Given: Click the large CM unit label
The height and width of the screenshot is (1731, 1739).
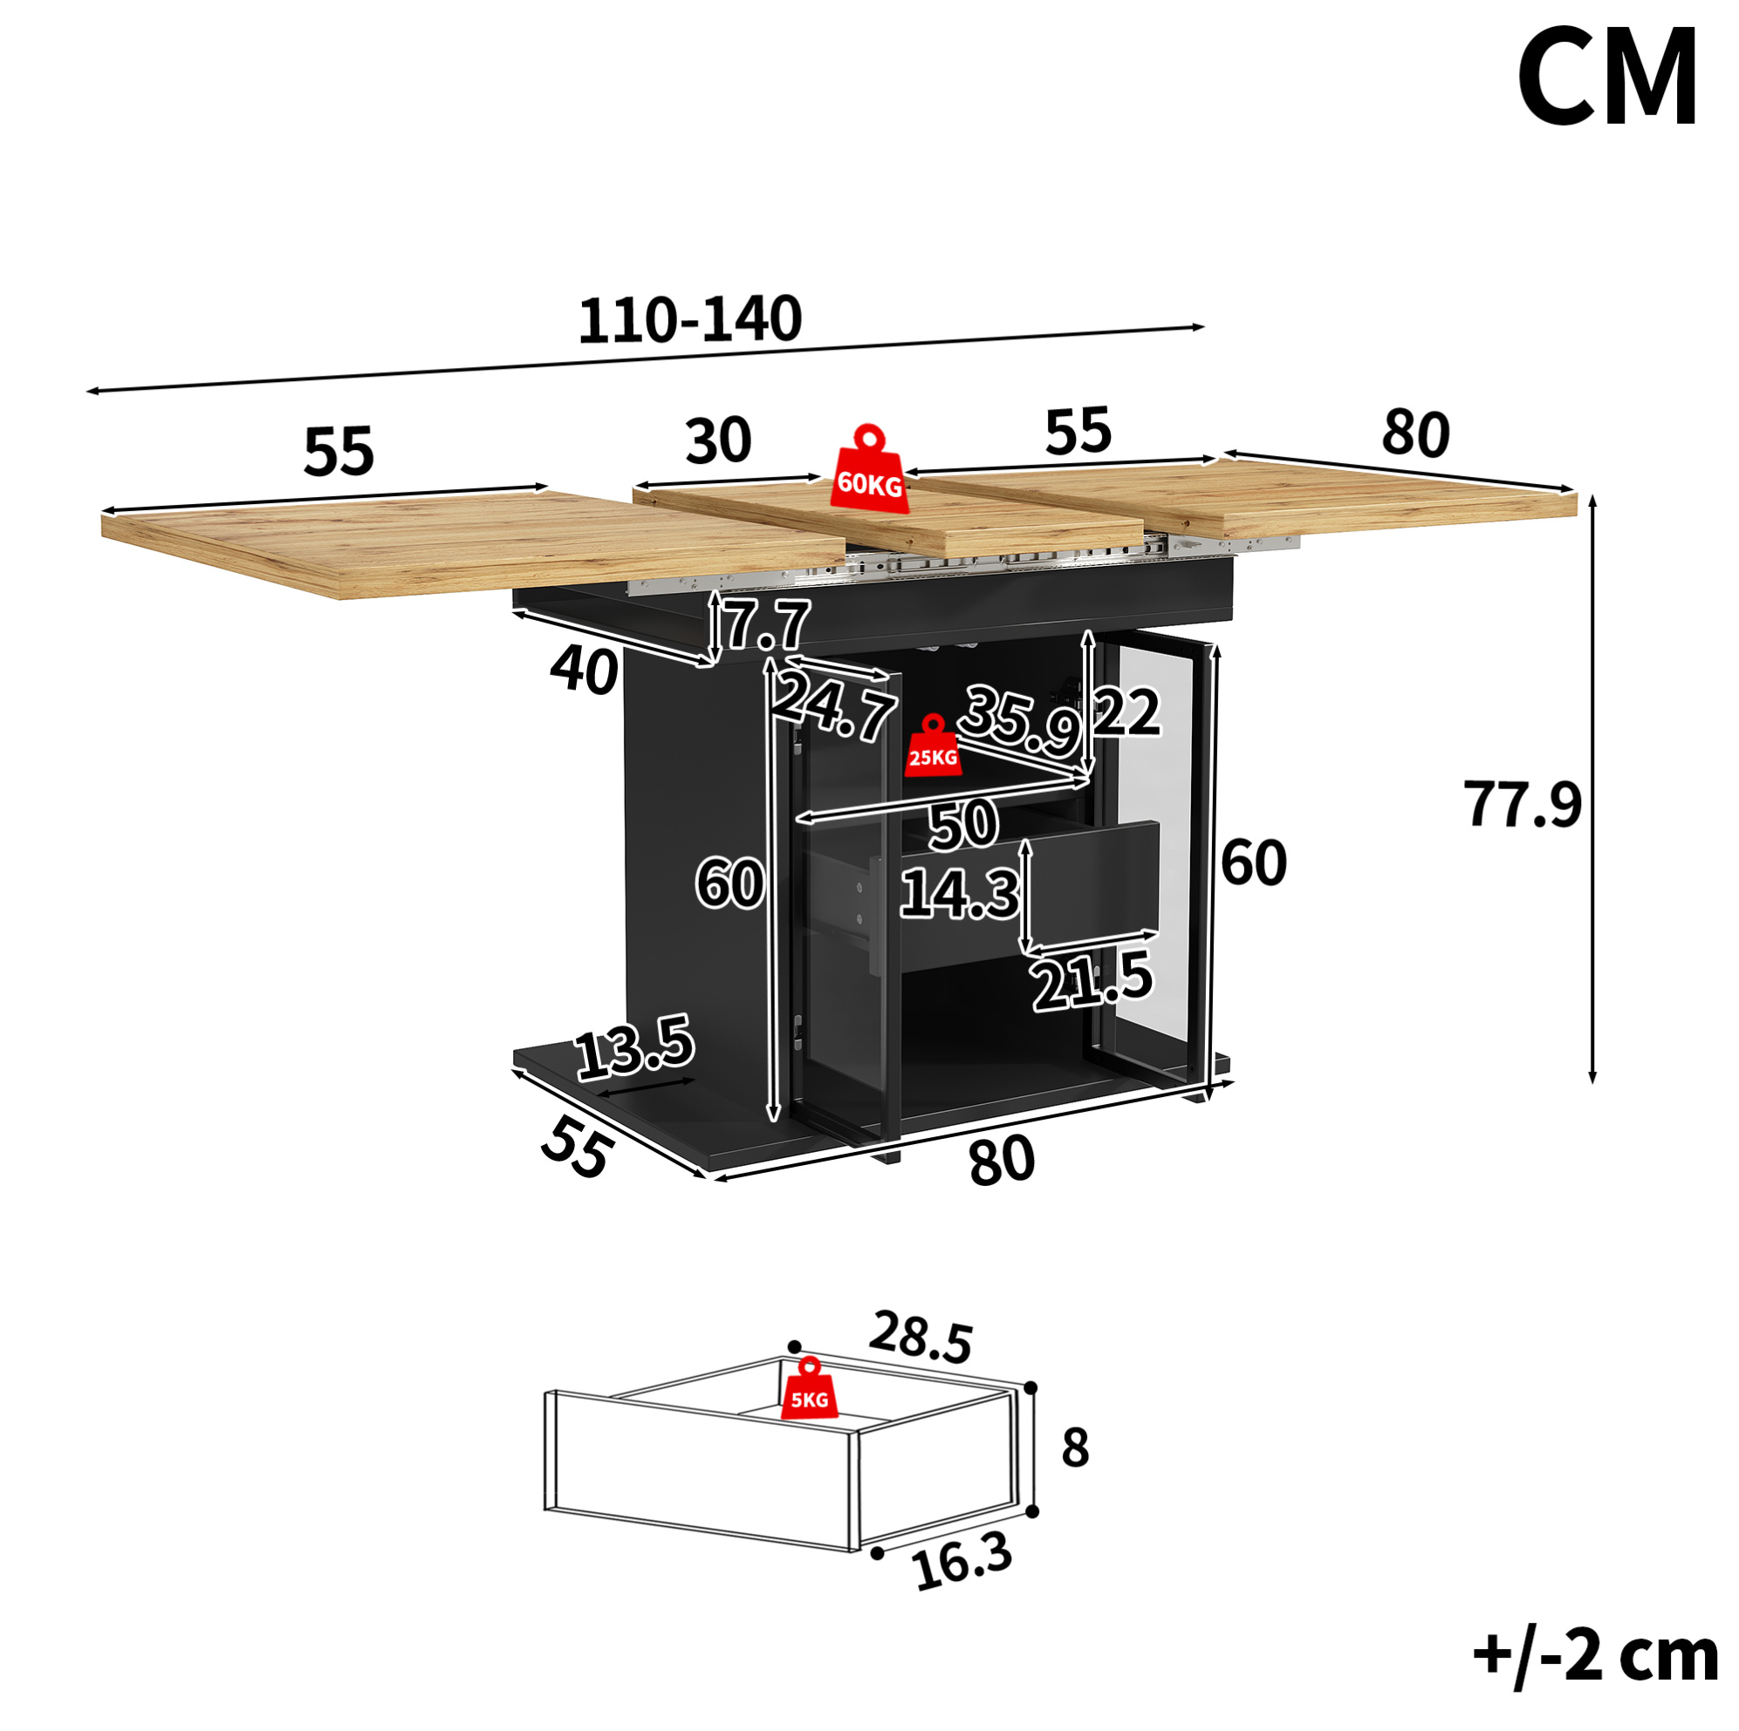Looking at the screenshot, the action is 1607,78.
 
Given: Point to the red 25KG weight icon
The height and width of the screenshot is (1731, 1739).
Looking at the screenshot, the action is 933,746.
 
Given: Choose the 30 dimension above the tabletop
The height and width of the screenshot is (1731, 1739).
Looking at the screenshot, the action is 717,440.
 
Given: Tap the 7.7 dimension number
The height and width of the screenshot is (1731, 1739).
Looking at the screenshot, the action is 767,624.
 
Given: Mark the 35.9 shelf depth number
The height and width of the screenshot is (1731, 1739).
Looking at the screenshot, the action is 1020,719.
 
